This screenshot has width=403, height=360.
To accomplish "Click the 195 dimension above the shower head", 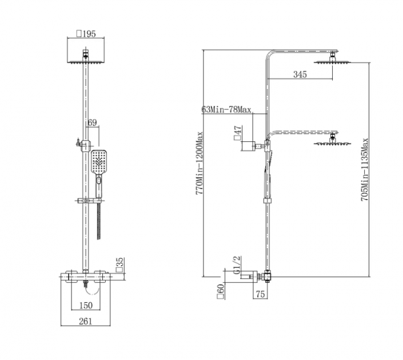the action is tap(86, 34).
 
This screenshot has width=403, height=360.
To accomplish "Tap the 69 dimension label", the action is tap(92, 122).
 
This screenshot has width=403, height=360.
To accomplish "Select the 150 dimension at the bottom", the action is tap(86, 306).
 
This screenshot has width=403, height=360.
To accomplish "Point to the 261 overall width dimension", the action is tap(85, 321).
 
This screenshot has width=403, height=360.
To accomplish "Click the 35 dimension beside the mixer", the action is tap(120, 265).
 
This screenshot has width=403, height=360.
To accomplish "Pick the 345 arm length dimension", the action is tap(300, 74).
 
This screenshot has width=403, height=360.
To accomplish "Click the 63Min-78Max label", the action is tap(226, 110).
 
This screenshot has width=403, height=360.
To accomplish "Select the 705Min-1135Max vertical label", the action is tap(365, 170).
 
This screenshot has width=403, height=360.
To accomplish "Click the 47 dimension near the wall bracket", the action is tap(237, 133).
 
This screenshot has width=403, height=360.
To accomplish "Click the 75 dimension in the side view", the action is tap(260, 294).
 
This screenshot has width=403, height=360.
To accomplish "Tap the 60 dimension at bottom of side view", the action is tap(221, 291).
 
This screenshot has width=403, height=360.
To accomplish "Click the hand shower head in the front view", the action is tap(99, 162).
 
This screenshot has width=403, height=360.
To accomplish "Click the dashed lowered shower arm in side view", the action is tap(302, 133).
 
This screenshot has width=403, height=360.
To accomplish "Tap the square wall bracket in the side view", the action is tap(248, 146).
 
